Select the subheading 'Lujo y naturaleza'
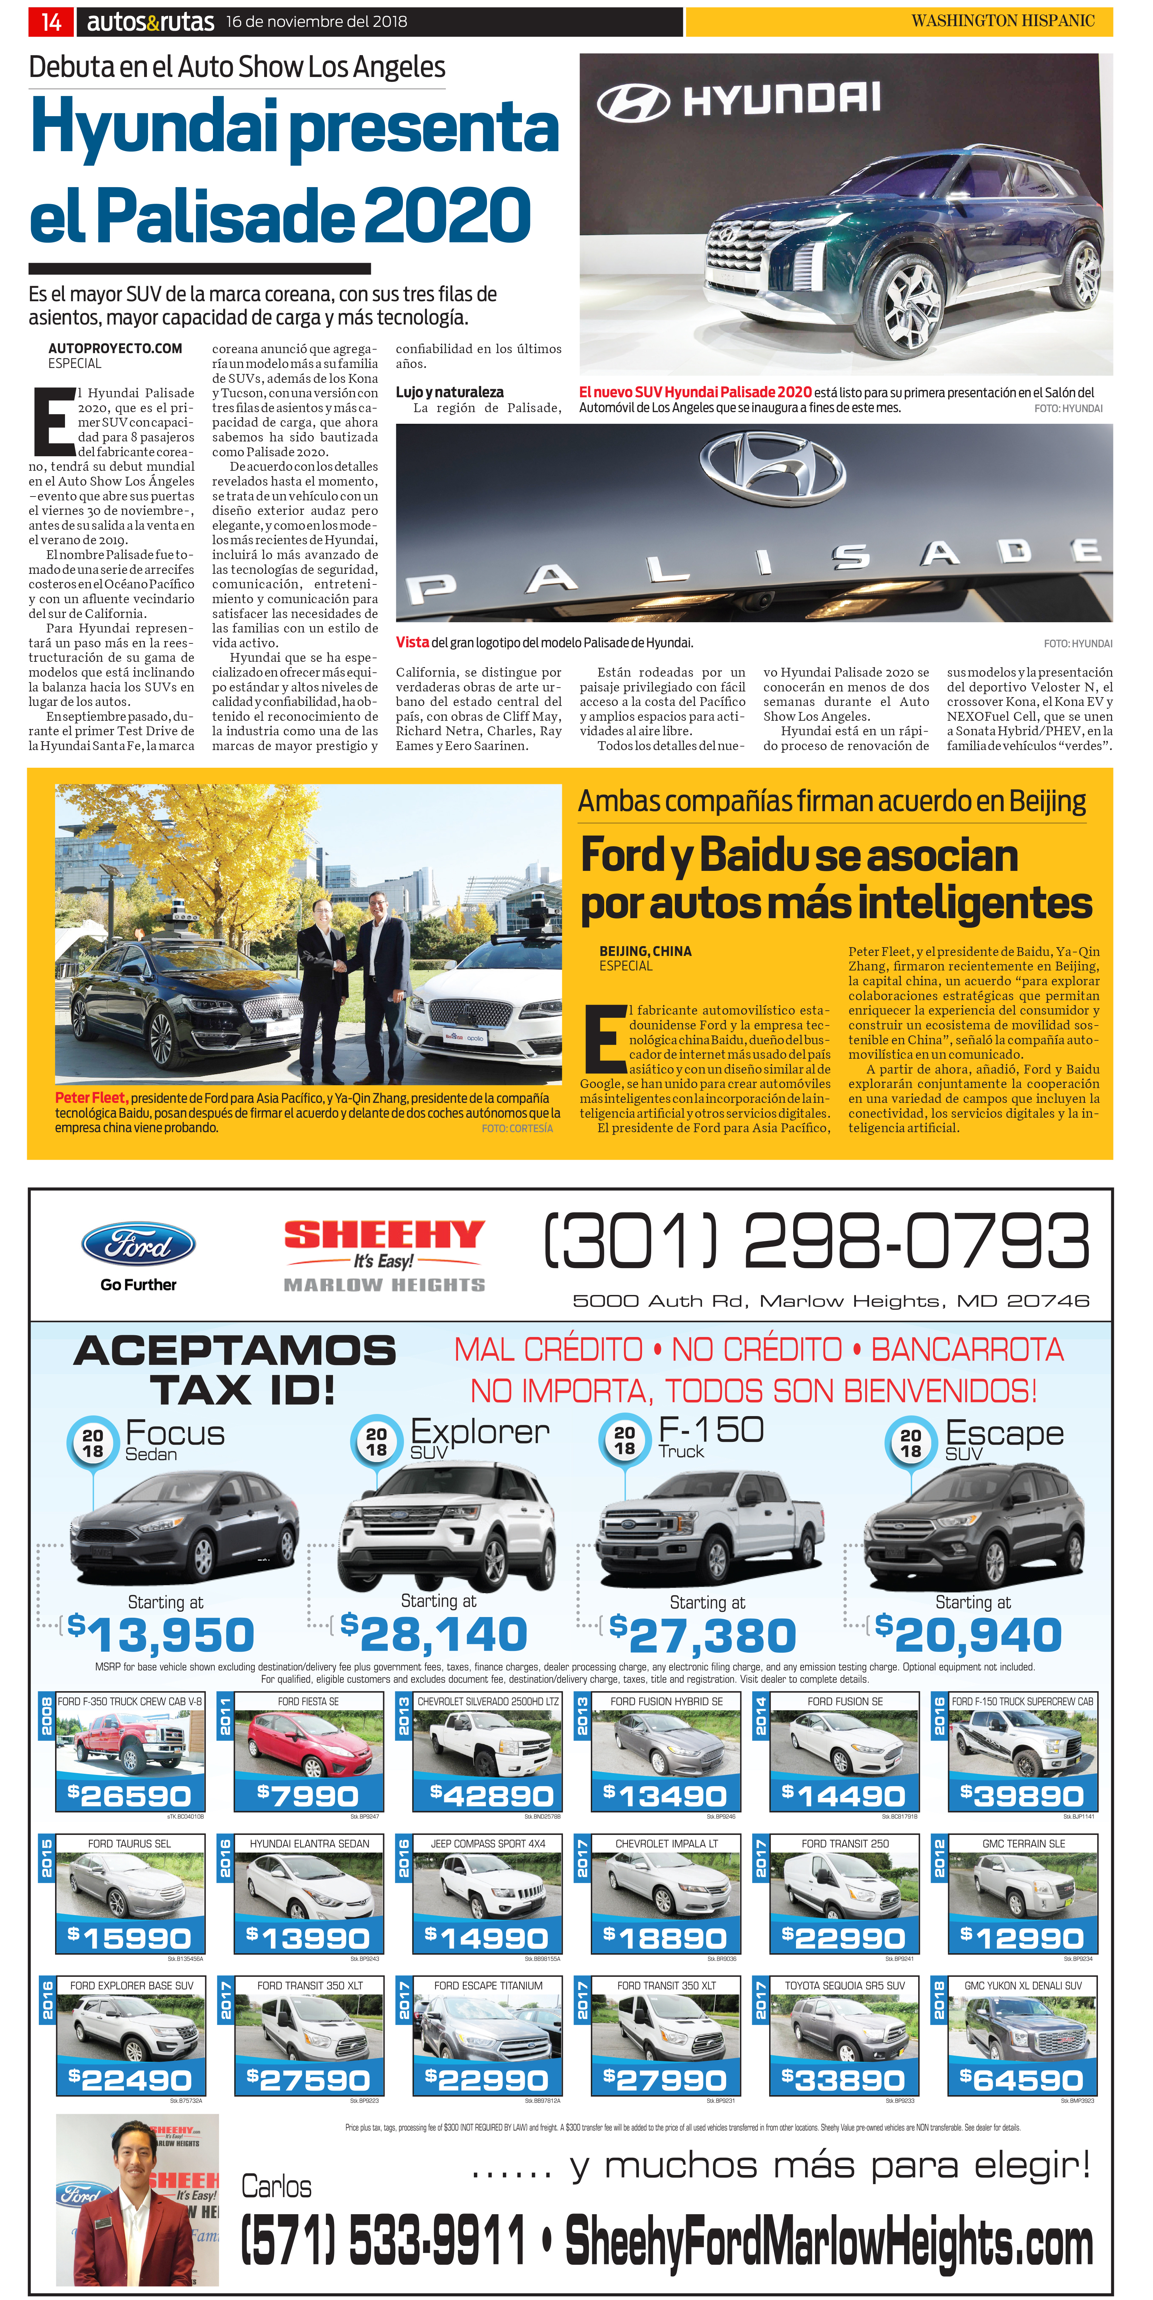(x=449, y=392)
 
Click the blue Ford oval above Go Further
(x=138, y=1244)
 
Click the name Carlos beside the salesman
(x=276, y=2186)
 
